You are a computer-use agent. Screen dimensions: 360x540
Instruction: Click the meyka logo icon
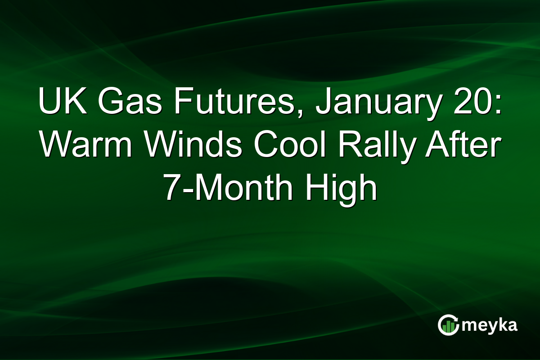click(449, 325)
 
